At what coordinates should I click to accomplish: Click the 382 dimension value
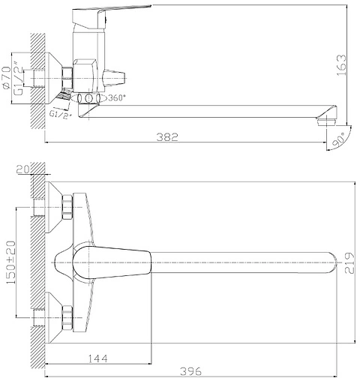[x=167, y=137]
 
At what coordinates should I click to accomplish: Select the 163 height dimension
[x=341, y=65]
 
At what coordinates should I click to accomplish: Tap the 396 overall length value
[x=190, y=371]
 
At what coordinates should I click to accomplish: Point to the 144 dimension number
[x=98, y=358]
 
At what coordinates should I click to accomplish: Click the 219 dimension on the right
[x=349, y=263]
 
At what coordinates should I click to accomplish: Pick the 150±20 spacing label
[x=10, y=262]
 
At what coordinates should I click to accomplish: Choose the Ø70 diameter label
[x=6, y=77]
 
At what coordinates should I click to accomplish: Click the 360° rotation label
[x=115, y=98]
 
